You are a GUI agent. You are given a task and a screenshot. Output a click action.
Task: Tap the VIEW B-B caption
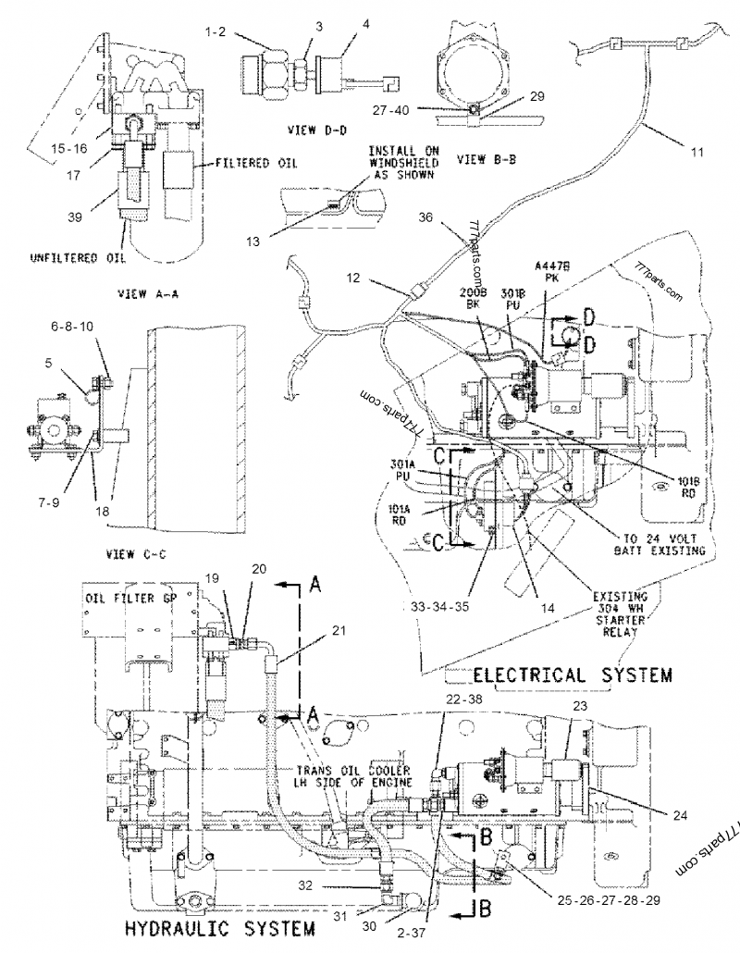(x=486, y=158)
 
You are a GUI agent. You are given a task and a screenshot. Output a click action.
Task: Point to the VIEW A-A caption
(x=148, y=293)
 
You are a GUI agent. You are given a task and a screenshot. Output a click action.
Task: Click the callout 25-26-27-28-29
(x=604, y=897)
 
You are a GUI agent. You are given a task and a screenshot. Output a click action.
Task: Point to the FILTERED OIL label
(x=256, y=163)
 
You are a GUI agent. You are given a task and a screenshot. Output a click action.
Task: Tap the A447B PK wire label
(x=559, y=270)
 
